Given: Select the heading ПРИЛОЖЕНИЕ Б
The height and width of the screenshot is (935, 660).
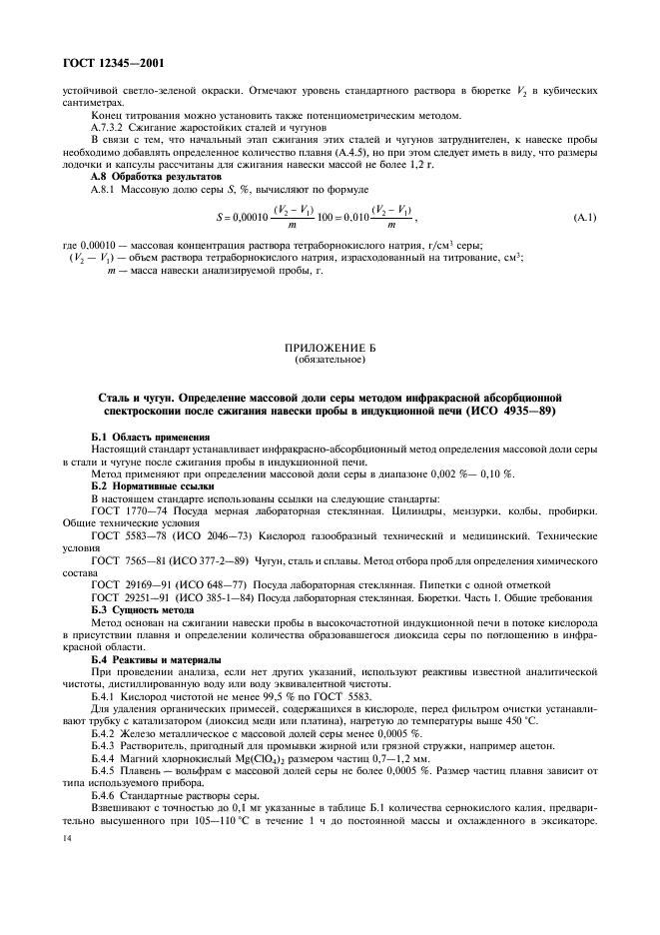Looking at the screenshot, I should point(330,349).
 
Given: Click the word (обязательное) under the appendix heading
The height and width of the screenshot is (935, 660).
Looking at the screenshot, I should point(330,360).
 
